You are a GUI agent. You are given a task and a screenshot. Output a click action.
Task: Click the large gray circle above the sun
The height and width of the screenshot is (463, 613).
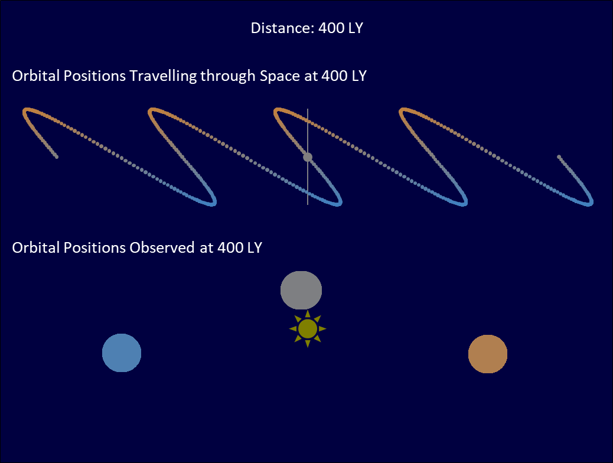point(301,290)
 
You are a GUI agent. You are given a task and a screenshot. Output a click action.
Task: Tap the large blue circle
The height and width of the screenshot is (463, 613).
point(122,353)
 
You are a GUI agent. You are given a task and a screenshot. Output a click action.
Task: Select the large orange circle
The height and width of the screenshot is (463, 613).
point(488,354)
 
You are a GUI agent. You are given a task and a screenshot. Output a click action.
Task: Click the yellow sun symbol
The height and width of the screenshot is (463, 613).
point(308,329)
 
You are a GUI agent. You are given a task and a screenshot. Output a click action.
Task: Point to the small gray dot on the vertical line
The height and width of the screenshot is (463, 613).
point(308,157)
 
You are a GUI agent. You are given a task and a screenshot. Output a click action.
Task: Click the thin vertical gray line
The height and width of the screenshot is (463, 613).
point(308,157)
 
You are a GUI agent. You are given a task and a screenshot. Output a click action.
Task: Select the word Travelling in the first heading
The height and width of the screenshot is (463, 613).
point(163,76)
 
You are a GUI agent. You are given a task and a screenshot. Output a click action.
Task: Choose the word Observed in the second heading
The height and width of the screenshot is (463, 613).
point(162,248)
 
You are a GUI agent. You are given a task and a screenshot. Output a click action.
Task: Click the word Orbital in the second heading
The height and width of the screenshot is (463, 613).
point(35,248)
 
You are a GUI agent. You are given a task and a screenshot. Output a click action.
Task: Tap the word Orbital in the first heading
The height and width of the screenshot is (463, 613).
point(35,76)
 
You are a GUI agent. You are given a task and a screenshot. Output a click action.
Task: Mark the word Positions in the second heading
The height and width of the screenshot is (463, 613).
point(94,248)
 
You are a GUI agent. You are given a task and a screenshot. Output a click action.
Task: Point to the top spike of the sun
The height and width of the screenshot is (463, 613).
point(308,313)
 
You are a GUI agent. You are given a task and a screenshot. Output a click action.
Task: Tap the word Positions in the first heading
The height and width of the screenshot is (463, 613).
point(94,76)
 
